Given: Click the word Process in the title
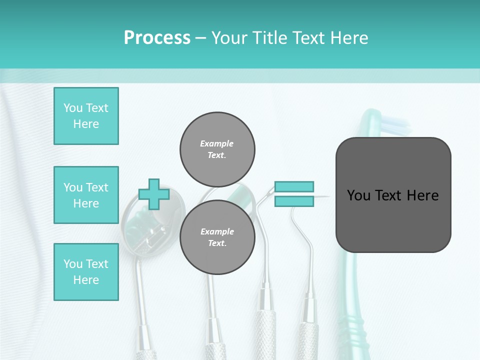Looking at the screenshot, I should click(x=157, y=38).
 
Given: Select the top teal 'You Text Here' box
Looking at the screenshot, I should click(x=86, y=116).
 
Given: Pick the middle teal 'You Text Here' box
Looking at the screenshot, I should click(x=86, y=195).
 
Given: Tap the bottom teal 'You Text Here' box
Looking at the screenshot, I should click(x=86, y=272).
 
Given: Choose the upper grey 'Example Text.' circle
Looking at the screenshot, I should click(x=217, y=149).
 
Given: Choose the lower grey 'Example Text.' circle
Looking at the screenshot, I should click(x=217, y=237).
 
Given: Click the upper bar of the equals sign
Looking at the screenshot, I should click(x=294, y=187).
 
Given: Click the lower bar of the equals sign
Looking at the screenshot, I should click(x=294, y=201).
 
